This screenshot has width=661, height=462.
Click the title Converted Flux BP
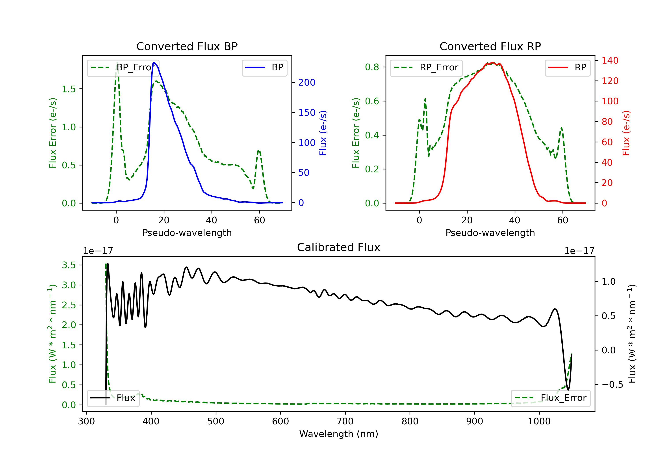point(187,46)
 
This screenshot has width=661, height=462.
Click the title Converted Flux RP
point(490,46)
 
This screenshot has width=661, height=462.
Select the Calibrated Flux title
point(339,247)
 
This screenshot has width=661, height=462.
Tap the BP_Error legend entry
point(123,68)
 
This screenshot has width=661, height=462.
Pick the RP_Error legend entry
point(426,68)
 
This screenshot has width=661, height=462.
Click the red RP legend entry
point(567,68)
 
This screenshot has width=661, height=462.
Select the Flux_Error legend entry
point(550,398)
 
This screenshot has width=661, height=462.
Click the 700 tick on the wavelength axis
point(345,422)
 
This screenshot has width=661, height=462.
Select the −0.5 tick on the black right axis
point(612,385)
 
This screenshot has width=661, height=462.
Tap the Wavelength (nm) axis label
point(339,434)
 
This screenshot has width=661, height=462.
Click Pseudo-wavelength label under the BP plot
point(187,233)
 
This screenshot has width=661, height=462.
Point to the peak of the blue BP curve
point(154,62)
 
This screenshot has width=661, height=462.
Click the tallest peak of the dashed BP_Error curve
point(117,62)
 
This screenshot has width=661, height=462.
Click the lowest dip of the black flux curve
point(568,390)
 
